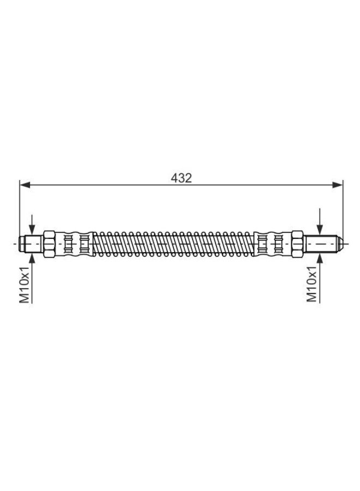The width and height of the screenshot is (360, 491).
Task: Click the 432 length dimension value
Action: pos(181,178)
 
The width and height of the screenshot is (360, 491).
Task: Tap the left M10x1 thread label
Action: pos(24,285)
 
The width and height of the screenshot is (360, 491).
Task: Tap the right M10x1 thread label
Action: pos(312,285)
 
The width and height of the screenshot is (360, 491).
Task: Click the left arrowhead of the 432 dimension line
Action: pos(23,185)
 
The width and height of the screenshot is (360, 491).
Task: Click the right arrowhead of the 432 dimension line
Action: pos(339,185)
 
